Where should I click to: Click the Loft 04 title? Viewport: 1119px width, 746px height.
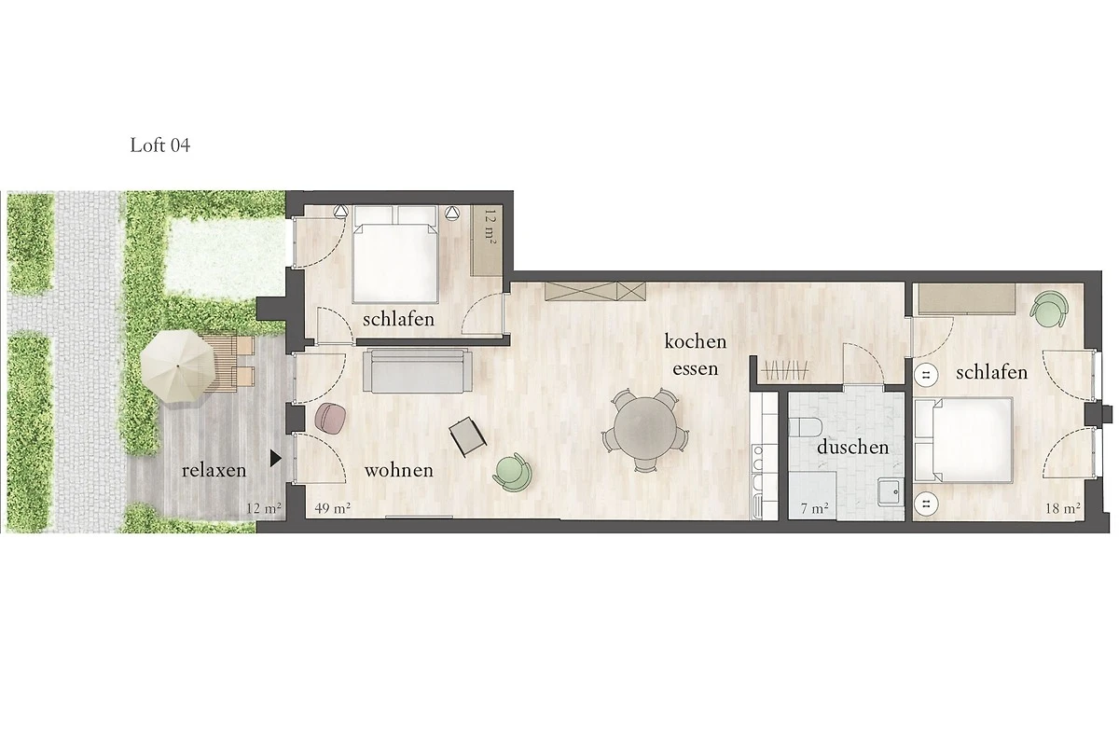click(x=159, y=145)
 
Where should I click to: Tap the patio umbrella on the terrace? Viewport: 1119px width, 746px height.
click(x=178, y=366)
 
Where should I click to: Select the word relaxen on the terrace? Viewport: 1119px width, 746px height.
click(x=214, y=471)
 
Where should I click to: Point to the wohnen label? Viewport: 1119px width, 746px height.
click(x=399, y=470)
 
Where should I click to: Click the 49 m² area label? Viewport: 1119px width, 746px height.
click(x=332, y=508)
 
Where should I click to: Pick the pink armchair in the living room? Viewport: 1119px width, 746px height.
click(x=330, y=417)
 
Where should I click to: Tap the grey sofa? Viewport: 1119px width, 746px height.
click(x=417, y=370)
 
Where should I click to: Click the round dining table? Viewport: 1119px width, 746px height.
click(x=646, y=428)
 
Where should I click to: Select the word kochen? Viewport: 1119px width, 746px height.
click(x=696, y=342)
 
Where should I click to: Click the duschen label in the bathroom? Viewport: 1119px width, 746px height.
click(x=852, y=447)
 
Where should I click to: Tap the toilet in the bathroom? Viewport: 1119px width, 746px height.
click(x=807, y=428)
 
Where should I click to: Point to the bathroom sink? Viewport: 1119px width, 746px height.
click(x=891, y=492)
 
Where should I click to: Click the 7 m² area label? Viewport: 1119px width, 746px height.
click(x=815, y=508)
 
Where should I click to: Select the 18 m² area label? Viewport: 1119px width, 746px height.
click(x=1063, y=508)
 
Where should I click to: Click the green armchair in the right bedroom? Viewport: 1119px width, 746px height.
click(x=1048, y=310)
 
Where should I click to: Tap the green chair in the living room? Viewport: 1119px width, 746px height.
click(x=513, y=472)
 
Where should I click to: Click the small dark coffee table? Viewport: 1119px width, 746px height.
click(x=467, y=436)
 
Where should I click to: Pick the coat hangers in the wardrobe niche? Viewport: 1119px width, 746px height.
click(x=784, y=371)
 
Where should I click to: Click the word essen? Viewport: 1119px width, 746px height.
click(x=696, y=369)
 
